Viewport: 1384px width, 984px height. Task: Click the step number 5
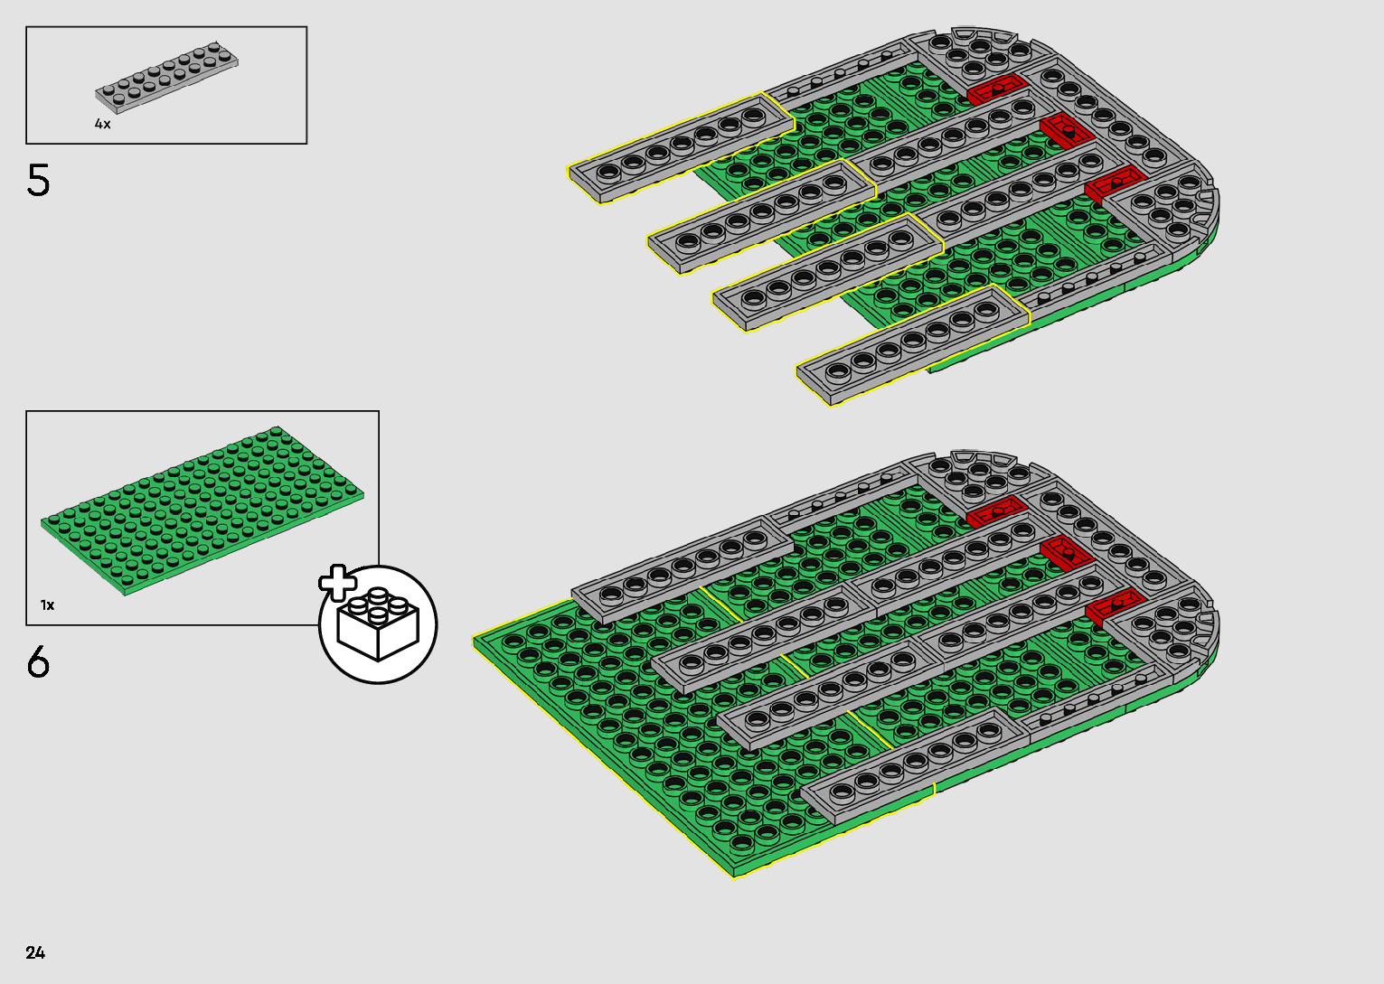(x=38, y=181)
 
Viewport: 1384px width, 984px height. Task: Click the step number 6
(x=38, y=662)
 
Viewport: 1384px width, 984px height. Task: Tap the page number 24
(x=35, y=952)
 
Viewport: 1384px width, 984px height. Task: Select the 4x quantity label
(x=102, y=124)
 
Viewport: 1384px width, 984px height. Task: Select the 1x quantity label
(x=47, y=604)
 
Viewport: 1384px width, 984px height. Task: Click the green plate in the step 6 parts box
(x=202, y=511)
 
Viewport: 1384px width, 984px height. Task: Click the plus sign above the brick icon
(x=337, y=583)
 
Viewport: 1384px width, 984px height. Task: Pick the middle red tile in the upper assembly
(x=1067, y=133)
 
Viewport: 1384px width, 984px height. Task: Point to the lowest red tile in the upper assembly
(x=1115, y=184)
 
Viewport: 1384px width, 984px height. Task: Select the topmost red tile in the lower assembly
(x=996, y=511)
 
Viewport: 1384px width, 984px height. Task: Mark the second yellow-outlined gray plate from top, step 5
(x=761, y=214)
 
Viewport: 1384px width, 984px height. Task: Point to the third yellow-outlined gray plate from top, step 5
(x=827, y=271)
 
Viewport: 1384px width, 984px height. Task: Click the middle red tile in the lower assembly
(x=1067, y=550)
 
